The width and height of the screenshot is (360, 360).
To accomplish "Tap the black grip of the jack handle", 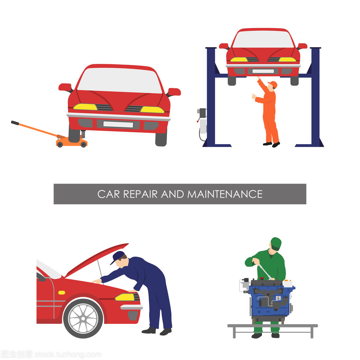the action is (15, 123).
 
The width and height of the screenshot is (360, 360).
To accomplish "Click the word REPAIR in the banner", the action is (140, 194).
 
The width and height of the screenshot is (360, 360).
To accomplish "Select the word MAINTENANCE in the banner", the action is (225, 194).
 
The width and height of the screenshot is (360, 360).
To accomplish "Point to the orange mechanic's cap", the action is (273, 84).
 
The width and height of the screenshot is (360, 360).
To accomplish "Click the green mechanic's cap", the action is (276, 244).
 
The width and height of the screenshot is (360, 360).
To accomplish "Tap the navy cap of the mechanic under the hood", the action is (117, 257).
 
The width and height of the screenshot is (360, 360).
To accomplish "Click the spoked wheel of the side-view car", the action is (83, 319).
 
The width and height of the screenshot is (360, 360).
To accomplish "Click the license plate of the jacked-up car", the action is (118, 124).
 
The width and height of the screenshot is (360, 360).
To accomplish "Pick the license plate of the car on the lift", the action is (263, 71).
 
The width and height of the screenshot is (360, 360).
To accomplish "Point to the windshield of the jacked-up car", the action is (120, 81).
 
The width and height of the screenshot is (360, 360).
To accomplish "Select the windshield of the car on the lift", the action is (263, 39).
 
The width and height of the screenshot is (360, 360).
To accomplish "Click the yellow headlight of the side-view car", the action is (125, 297).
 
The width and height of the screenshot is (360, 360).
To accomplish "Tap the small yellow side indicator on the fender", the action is (62, 292).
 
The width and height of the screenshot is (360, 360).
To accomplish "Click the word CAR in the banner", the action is (108, 194).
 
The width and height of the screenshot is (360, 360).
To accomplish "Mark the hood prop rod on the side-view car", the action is (100, 272).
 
